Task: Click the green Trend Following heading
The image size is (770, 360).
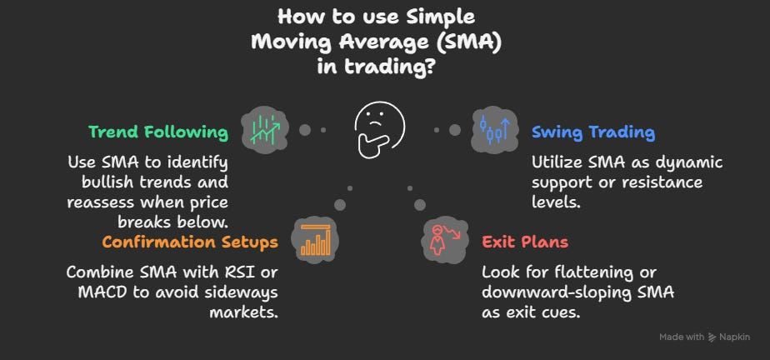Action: pos(158,132)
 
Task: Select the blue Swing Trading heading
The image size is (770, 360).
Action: pos(593,132)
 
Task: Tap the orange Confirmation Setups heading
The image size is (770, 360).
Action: pos(190,242)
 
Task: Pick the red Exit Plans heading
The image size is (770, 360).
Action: pos(525,242)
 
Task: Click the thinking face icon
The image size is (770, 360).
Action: pos(378,130)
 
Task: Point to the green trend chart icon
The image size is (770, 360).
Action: pos(265,129)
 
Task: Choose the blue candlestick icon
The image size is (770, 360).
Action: pos(495,129)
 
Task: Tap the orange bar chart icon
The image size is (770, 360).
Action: pos(316,241)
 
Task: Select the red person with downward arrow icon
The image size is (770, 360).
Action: pos(445,240)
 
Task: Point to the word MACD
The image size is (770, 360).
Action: pos(99,292)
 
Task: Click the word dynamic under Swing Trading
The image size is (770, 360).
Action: pos(692,162)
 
